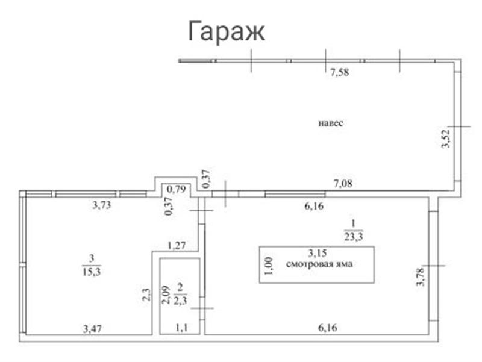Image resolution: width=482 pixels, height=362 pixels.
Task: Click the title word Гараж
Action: tap(227, 31)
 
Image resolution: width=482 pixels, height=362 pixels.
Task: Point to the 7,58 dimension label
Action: tap(340, 73)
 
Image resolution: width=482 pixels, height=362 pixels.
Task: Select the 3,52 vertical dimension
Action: tap(445, 138)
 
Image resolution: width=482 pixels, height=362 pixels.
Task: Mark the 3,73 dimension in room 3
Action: tap(102, 205)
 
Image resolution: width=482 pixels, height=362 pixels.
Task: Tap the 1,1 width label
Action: tap(181, 328)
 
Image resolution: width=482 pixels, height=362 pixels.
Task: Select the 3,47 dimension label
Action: tap(93, 328)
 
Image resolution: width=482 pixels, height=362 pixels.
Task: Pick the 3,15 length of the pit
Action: tap(318, 252)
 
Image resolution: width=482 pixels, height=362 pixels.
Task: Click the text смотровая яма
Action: tap(318, 263)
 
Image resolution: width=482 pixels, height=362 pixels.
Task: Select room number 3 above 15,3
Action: tap(92, 259)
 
